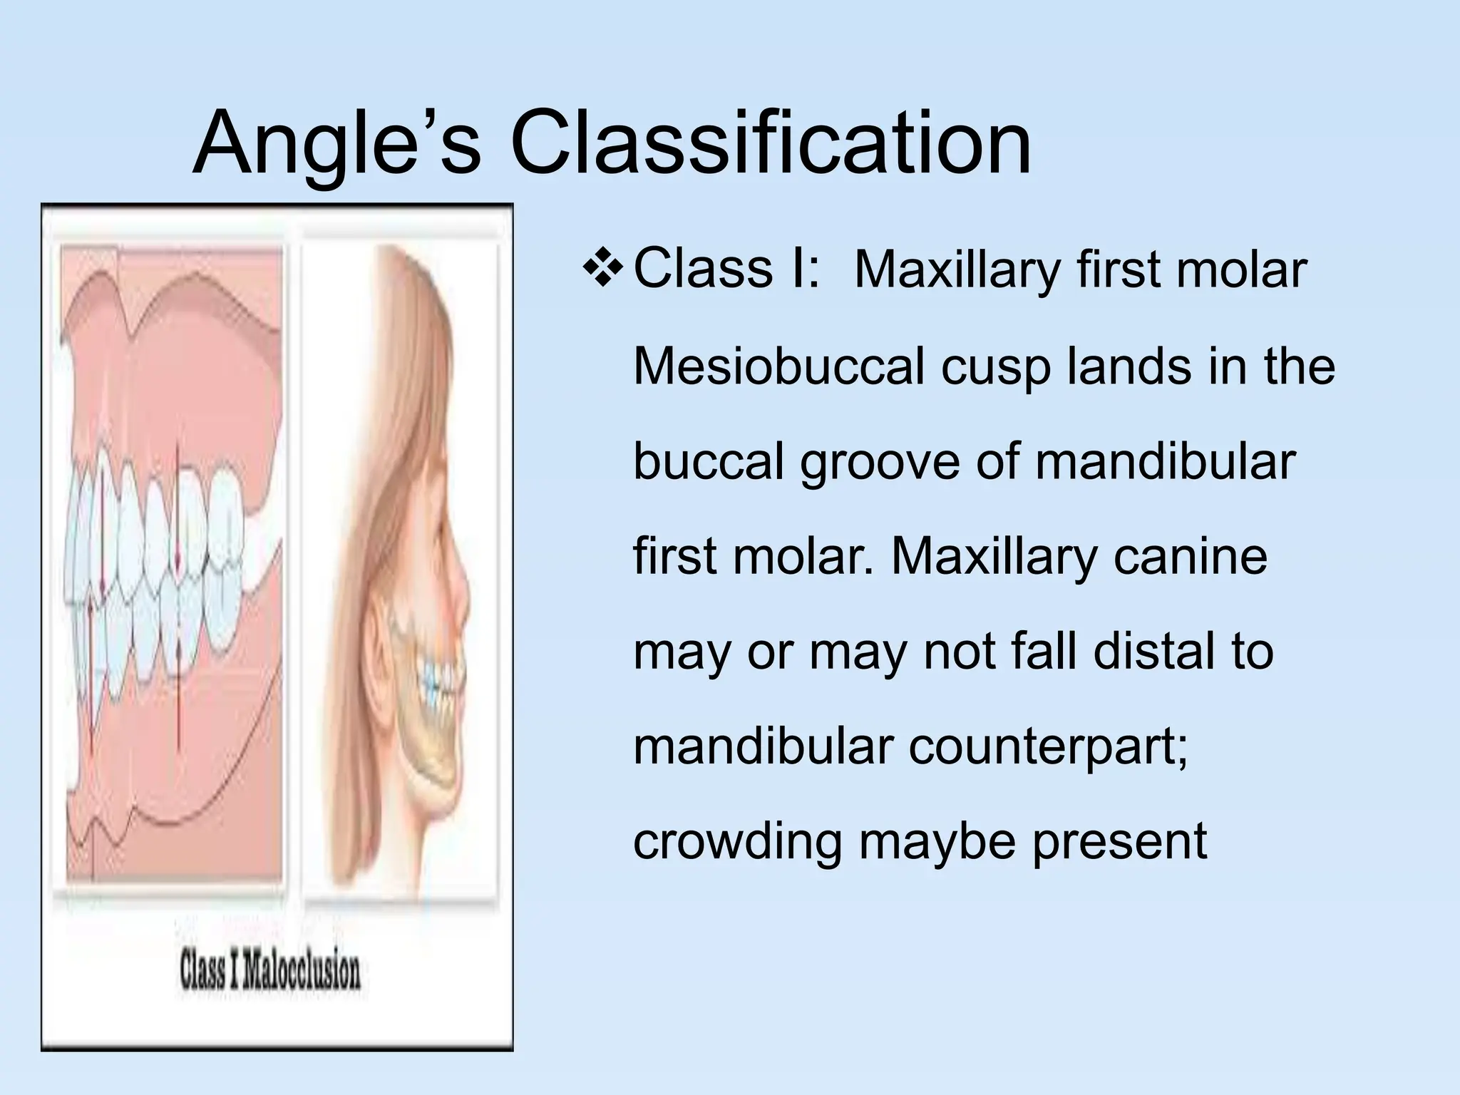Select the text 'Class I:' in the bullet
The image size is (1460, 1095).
(x=726, y=269)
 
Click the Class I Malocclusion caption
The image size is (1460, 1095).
(x=270, y=972)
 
